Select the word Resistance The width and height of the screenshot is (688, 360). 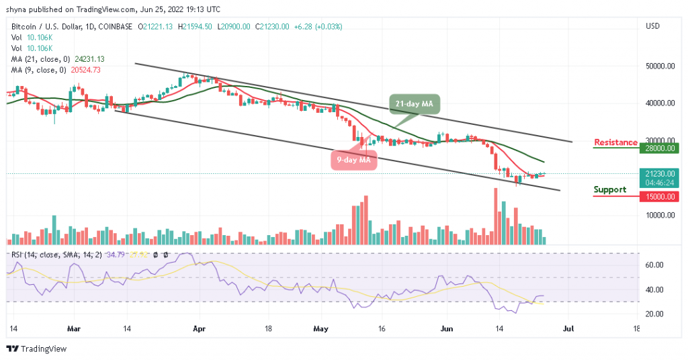615,142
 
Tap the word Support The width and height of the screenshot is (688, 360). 609,189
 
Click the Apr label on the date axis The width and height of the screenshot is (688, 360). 199,330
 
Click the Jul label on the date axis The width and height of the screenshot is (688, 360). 568,330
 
